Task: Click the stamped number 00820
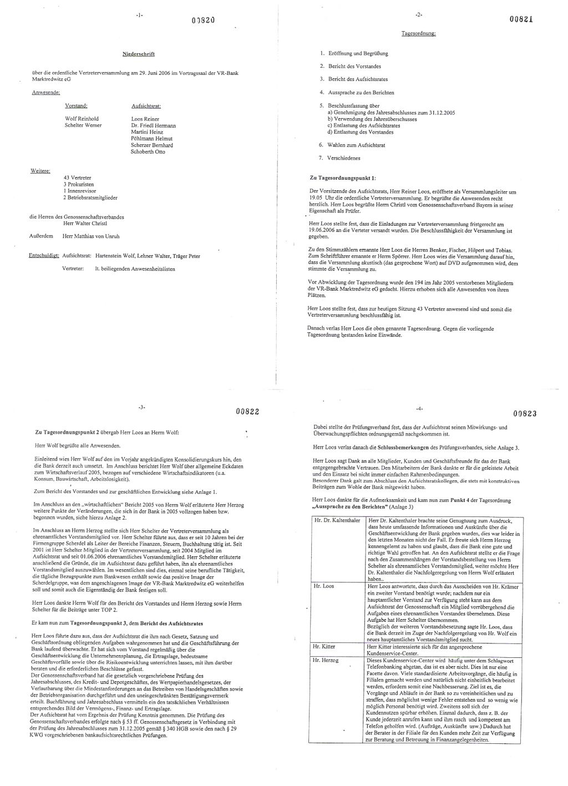(203, 19)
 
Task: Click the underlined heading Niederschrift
(138, 54)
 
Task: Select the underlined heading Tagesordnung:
(419, 33)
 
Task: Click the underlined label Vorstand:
(77, 105)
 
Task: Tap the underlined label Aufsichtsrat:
(146, 105)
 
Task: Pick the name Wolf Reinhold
(82, 119)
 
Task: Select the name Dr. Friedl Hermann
(153, 125)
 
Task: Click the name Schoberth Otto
(148, 151)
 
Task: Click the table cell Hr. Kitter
(324, 646)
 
